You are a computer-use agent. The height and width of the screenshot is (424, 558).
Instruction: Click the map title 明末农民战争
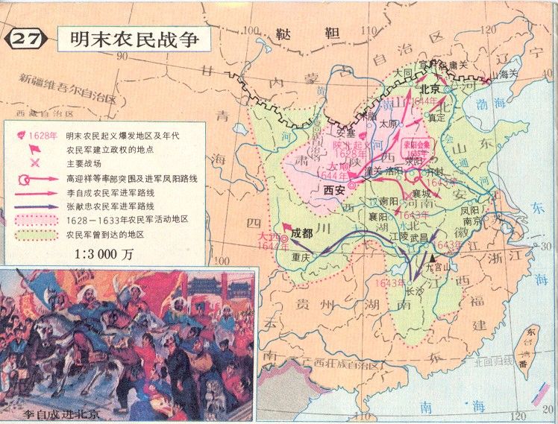point(134,39)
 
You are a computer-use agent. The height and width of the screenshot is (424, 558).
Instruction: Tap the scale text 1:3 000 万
point(105,252)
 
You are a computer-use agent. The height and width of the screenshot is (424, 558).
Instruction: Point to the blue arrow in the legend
point(35,206)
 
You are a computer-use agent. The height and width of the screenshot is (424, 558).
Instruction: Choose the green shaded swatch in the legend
point(35,234)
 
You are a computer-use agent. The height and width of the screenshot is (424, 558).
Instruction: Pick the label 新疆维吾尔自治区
point(68,78)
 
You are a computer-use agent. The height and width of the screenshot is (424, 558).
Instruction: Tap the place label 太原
point(389,124)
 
